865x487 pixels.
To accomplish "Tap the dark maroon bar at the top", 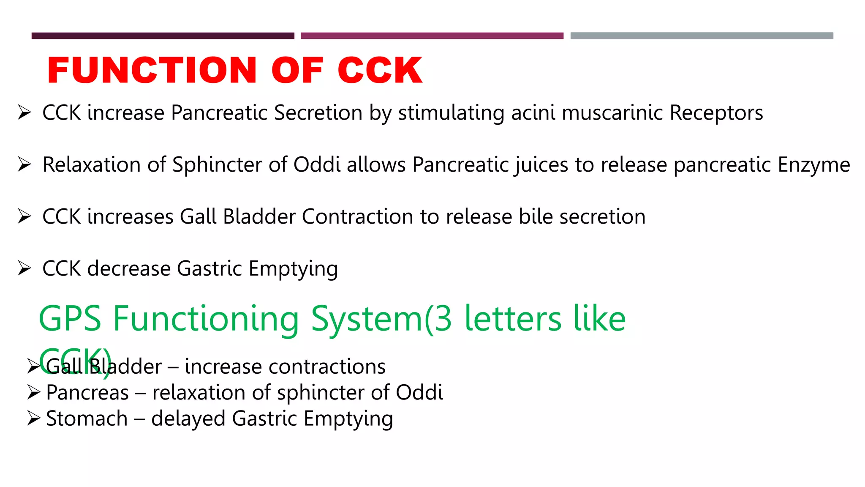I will (x=163, y=36).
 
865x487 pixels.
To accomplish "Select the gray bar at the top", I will (x=702, y=36).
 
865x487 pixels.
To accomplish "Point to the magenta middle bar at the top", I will (x=432, y=36).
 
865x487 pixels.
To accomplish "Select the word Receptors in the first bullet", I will (x=716, y=113).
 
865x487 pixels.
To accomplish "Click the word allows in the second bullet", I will (x=376, y=165).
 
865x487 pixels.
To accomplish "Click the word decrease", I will (x=129, y=269).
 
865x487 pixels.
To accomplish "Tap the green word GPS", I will (x=70, y=319).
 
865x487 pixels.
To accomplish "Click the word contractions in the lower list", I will (x=327, y=367).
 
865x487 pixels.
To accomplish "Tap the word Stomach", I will (x=87, y=419).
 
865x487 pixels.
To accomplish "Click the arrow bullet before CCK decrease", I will (x=24, y=268).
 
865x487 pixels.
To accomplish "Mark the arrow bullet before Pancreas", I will (x=33, y=392).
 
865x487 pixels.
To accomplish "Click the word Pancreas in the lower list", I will (x=87, y=393).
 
